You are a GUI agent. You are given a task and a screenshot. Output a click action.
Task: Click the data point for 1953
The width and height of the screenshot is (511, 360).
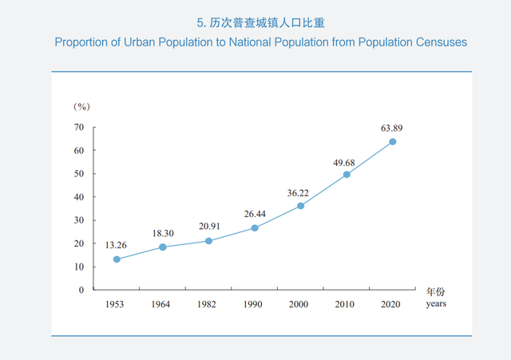click(117, 259)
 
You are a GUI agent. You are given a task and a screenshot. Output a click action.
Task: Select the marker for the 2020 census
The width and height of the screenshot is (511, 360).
click(392, 142)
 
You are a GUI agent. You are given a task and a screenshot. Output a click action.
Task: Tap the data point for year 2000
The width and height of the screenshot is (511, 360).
click(300, 206)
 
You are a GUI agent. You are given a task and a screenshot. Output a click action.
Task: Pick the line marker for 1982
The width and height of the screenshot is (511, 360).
click(208, 241)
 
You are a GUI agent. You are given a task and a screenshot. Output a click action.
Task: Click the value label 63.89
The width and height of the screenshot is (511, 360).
click(392, 128)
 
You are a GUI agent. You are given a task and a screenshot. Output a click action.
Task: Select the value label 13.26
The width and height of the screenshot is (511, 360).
click(117, 245)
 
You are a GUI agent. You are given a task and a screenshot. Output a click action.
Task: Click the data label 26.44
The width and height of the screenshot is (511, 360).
click(255, 214)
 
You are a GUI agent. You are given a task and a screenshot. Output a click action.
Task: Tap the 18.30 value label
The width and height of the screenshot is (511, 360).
click(163, 233)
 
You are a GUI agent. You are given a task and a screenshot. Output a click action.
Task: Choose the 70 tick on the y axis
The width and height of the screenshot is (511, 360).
click(79, 127)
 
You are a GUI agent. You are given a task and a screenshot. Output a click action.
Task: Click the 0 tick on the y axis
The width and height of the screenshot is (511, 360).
click(81, 290)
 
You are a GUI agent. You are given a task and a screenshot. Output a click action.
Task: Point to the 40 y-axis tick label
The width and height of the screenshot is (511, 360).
click(79, 197)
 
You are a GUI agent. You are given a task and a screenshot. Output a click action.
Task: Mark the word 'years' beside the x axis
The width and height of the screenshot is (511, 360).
click(436, 303)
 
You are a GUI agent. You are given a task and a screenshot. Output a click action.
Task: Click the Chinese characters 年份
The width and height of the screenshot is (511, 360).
click(435, 291)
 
